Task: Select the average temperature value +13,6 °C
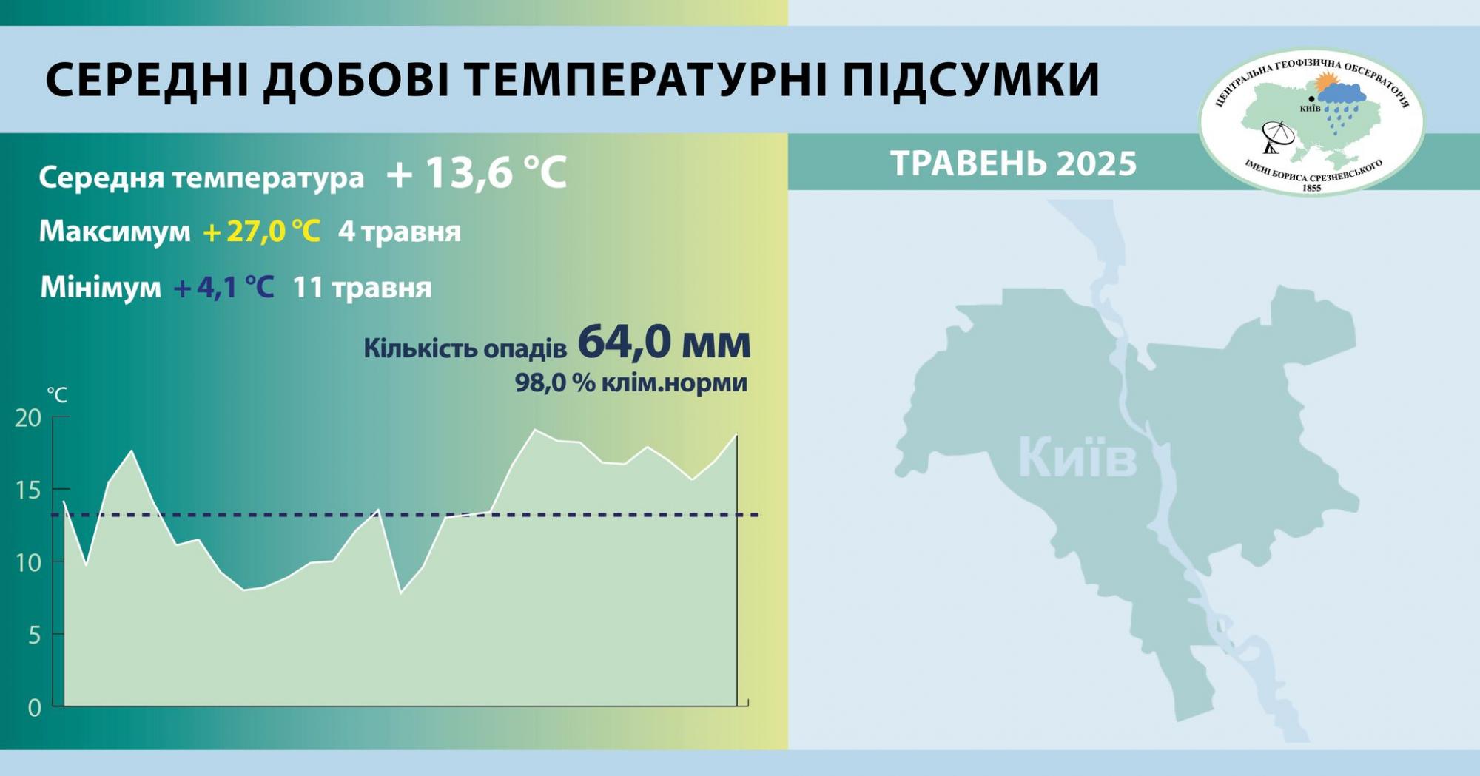tap(477, 173)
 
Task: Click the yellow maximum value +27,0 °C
tap(261, 232)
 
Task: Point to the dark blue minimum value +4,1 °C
tap(223, 287)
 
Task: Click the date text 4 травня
tap(400, 232)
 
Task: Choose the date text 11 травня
tap(362, 287)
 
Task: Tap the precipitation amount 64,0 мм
tap(664, 343)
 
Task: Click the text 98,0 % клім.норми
tap(630, 383)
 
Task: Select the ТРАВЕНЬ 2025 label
tap(1013, 163)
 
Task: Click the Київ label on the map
tap(1077, 458)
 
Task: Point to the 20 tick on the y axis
tap(28, 418)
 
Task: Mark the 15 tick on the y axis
tap(28, 490)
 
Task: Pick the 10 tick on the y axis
tap(28, 563)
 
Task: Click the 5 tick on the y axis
tap(33, 635)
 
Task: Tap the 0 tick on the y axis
tap(34, 708)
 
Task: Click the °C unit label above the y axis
tap(57, 395)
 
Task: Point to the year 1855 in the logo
tap(1311, 188)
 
